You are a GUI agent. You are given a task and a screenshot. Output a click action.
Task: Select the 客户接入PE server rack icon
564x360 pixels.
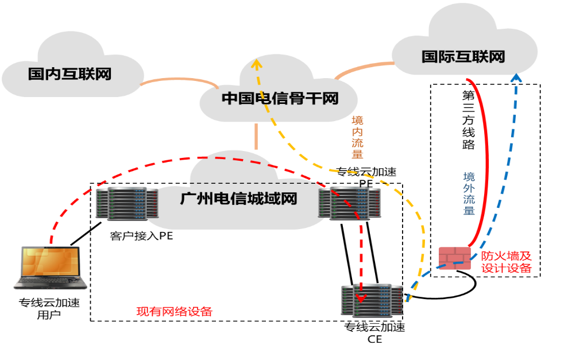click(x=127, y=204)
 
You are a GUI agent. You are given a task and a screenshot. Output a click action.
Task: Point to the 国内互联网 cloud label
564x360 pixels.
click(x=69, y=74)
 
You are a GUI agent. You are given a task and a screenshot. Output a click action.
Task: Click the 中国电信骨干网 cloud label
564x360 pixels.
click(x=280, y=99)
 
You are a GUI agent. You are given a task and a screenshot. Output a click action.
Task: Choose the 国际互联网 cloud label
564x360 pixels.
click(x=463, y=57)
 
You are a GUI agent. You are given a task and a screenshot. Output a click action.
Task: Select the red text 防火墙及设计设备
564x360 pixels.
click(x=506, y=262)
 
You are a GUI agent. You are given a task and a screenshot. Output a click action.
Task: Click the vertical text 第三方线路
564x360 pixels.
click(x=469, y=120)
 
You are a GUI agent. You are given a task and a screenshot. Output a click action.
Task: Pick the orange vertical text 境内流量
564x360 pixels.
click(x=357, y=137)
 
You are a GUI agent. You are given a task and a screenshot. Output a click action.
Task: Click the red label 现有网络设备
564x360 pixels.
click(x=174, y=312)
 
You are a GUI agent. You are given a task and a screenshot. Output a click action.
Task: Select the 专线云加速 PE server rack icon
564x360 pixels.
click(x=350, y=203)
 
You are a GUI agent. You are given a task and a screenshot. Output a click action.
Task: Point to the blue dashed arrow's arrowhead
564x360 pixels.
click(x=517, y=78)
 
